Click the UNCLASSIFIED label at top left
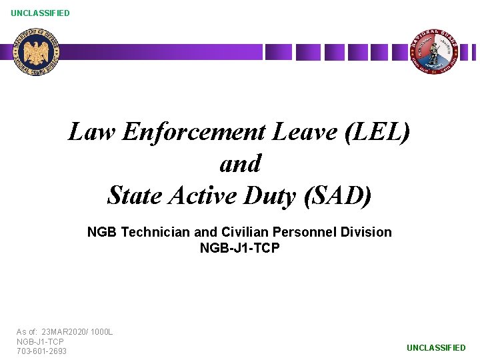[40, 13]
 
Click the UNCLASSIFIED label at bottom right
[436, 347]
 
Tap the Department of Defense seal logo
[37, 52]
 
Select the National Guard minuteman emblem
[433, 51]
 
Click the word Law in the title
[92, 132]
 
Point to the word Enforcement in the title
[194, 132]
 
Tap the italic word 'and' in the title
[240, 163]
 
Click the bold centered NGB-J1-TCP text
[239, 248]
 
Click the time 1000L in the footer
[103, 331]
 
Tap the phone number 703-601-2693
[41, 351]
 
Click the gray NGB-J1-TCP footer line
[40, 341]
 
